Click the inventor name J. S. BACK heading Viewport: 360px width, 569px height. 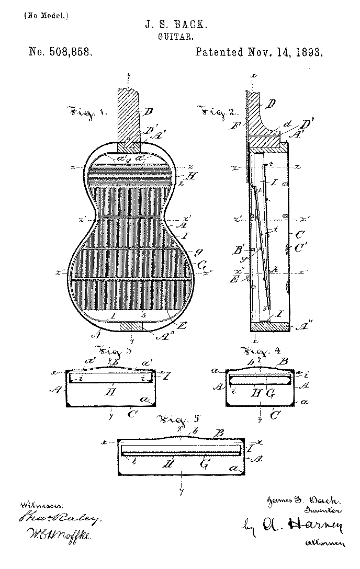pyautogui.click(x=179, y=25)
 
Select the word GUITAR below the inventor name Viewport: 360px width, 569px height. pyautogui.click(x=180, y=37)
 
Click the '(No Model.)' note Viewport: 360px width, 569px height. pyautogui.click(x=46, y=16)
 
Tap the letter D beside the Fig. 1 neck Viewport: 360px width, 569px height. pyautogui.click(x=149, y=111)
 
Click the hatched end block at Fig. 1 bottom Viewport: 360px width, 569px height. pyautogui.click(x=131, y=326)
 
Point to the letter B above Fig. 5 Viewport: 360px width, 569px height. pyautogui.click(x=220, y=433)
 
